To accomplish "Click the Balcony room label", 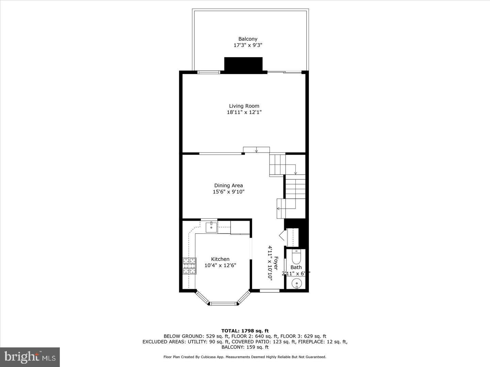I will pos(248,39).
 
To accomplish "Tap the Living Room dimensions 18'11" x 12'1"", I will pos(244,112).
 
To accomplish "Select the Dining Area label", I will pos(228,186).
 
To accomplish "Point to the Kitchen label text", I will pos(220,259).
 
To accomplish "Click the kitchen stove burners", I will pos(190,266).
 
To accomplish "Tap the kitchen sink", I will pos(211,227).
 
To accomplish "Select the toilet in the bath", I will pos(296,257).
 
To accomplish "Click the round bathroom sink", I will pos(297,283).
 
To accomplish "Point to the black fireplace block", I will pos(243,65).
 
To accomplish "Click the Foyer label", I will pos(276,263).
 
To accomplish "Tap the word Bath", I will pos(296,267).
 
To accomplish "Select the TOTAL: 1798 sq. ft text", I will pos(245,331).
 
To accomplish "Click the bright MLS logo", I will pos(30,357).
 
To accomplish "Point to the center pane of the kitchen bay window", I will pos(223,303).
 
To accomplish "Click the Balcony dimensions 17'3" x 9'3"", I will pos(248,45).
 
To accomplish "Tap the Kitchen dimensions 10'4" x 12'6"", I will pos(220,265).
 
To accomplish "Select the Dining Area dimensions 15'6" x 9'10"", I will pos(229,192).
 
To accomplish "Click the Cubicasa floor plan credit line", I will pos(245,357).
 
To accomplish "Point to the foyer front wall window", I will pos(269,291).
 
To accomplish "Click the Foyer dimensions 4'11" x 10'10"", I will pos(270,263).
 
